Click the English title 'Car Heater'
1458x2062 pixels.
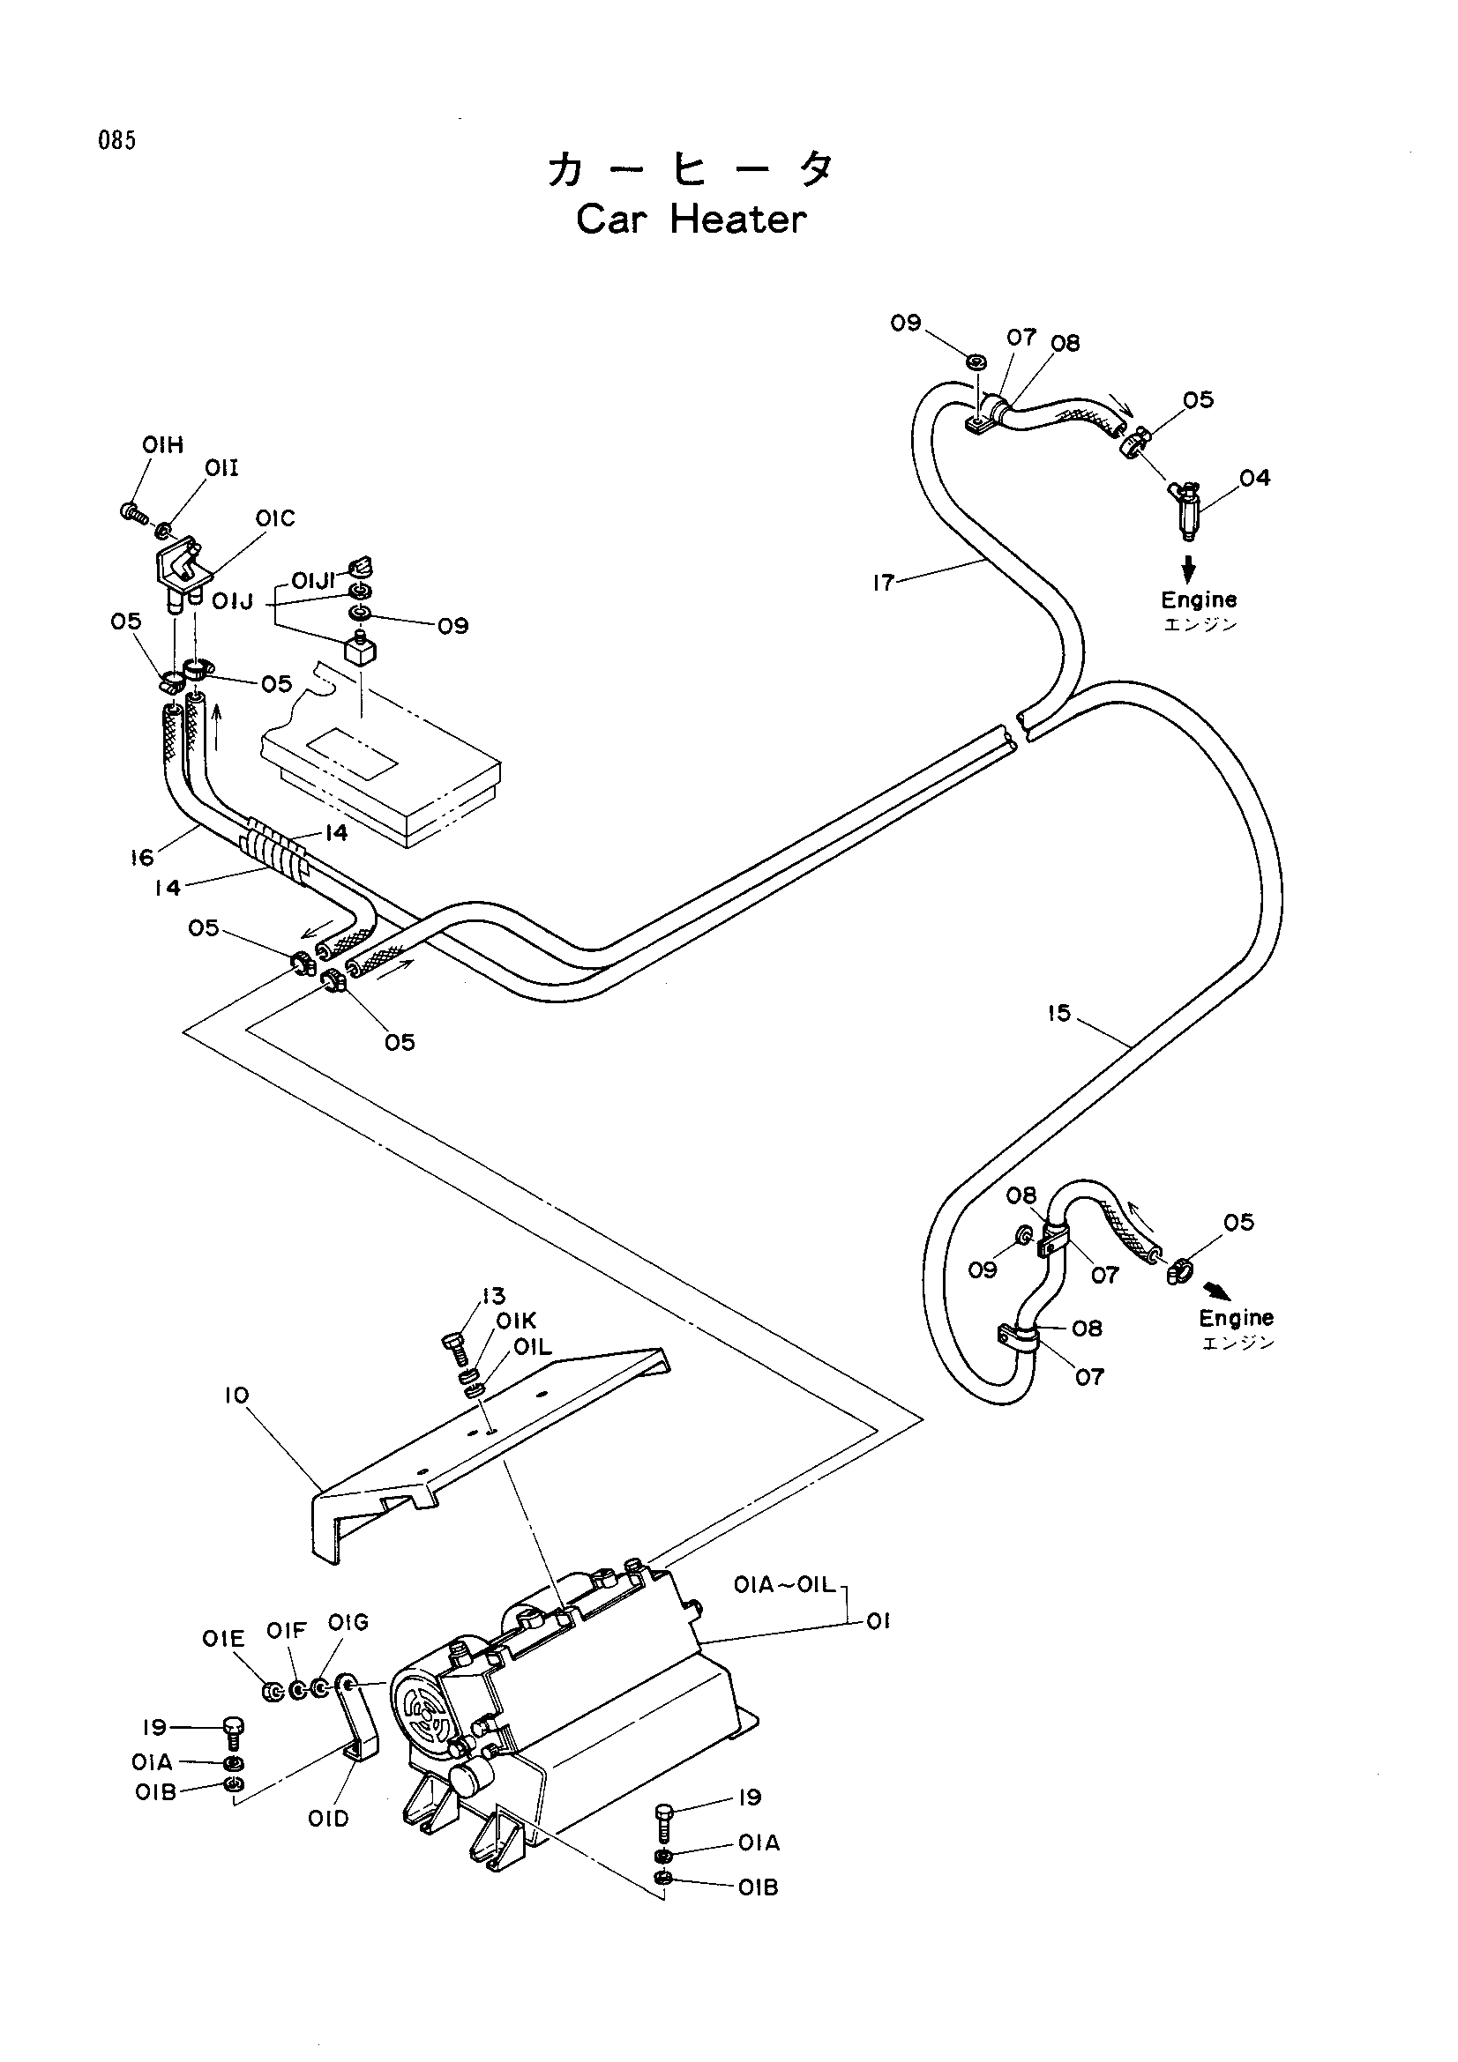pos(691,220)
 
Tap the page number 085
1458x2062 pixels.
pos(117,141)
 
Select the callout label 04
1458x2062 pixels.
pos(1254,478)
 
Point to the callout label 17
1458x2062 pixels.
pos(883,583)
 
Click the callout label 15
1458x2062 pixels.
pos(1059,1013)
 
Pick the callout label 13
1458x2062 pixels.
pos(493,1296)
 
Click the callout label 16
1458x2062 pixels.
pos(142,858)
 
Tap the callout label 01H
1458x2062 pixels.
pos(162,444)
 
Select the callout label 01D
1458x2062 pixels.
pos(328,1819)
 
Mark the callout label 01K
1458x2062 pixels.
pos(516,1321)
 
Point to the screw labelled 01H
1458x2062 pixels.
pos(133,514)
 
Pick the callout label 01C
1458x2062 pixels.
pos(275,518)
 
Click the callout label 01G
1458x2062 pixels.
pos(348,1623)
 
